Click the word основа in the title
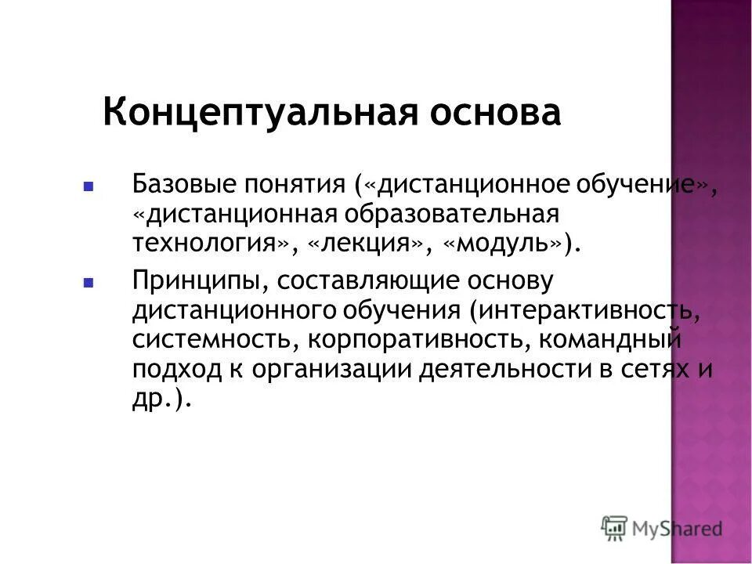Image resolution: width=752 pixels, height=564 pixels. point(493,114)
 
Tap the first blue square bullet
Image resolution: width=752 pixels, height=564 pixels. point(89,188)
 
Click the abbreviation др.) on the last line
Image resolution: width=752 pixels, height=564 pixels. point(161,397)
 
